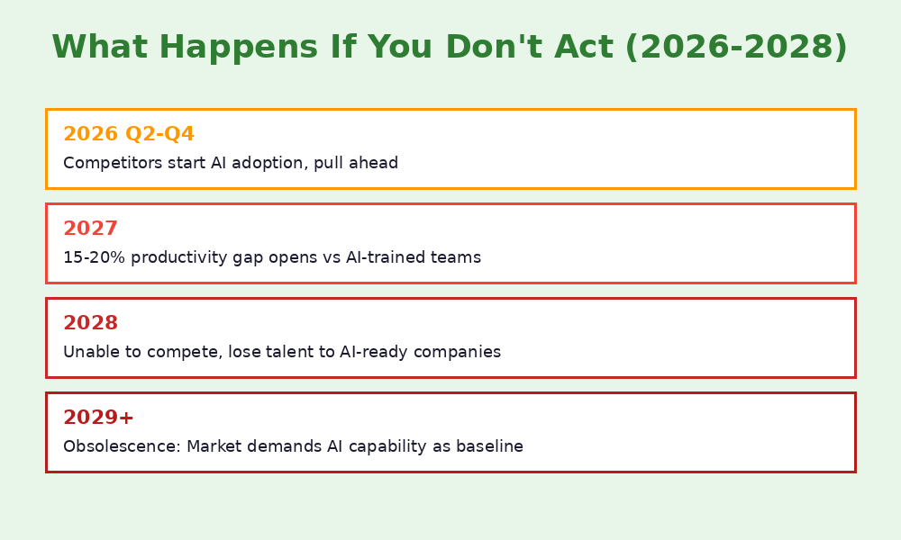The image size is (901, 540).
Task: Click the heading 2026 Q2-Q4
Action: point(129,134)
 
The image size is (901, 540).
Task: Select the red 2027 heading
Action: point(90,229)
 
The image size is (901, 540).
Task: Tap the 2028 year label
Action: point(90,323)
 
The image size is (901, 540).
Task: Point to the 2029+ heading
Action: point(98,418)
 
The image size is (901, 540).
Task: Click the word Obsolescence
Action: point(121,446)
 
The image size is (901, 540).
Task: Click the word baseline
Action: point(490,446)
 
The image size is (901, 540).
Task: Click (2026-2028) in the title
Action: point(736,48)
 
